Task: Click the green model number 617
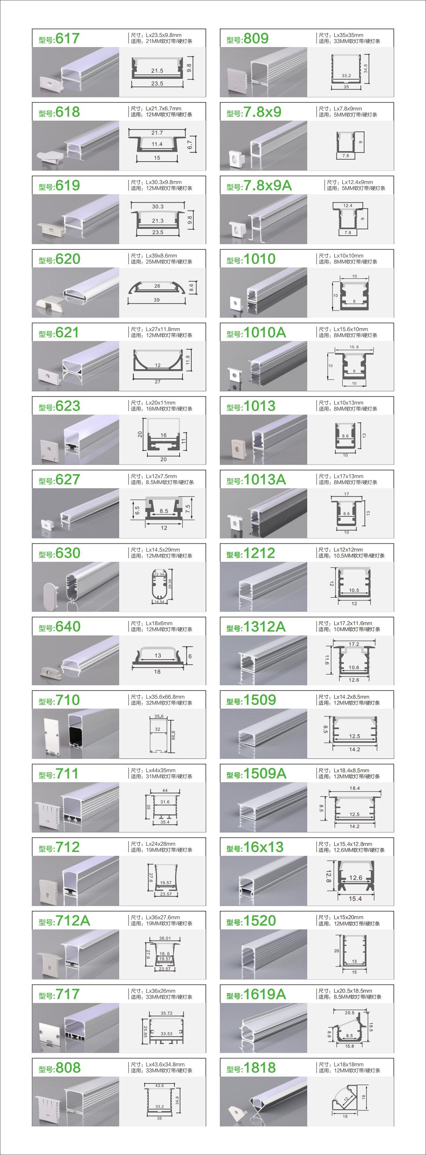click(67, 39)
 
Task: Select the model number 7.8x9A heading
click(267, 186)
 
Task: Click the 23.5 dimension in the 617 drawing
click(157, 83)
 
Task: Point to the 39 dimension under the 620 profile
click(157, 300)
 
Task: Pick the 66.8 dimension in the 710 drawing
click(173, 735)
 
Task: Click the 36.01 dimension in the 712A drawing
click(165, 938)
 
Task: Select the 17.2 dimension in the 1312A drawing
click(354, 644)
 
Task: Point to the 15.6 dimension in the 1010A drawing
click(354, 347)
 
